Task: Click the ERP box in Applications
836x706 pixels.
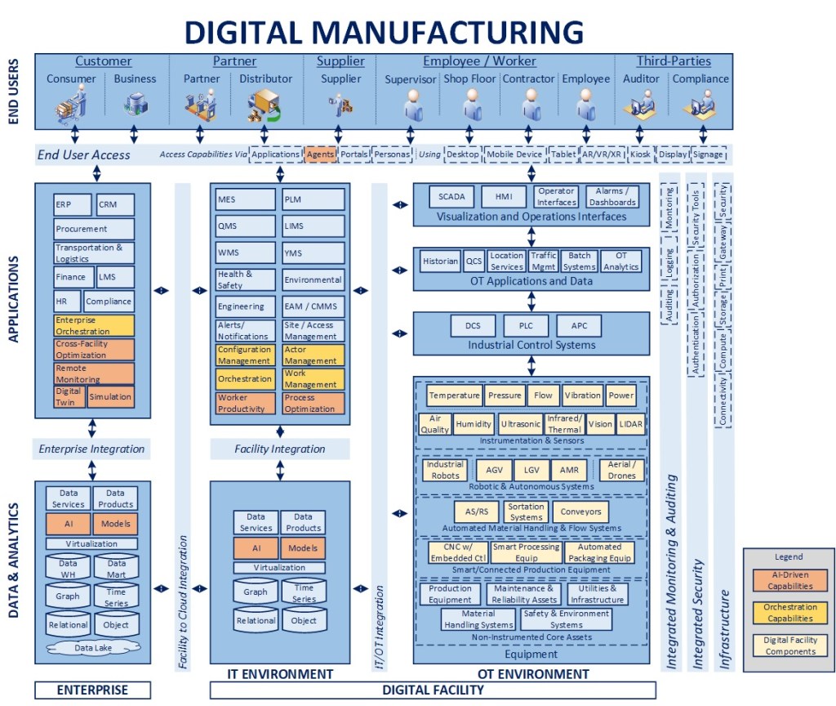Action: (x=72, y=204)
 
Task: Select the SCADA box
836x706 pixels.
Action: (x=451, y=197)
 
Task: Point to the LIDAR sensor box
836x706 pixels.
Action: (x=630, y=424)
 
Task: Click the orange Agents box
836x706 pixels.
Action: (x=320, y=154)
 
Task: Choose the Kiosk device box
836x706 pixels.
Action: (x=641, y=154)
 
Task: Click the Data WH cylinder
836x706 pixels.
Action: (x=69, y=568)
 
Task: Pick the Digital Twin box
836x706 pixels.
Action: (x=69, y=396)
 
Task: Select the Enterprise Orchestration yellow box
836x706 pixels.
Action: (x=94, y=325)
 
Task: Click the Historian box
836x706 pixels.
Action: (x=440, y=261)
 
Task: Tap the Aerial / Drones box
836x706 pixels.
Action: (x=621, y=470)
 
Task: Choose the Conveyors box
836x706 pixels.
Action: (x=580, y=512)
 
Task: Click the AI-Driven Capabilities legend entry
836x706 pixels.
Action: (x=789, y=580)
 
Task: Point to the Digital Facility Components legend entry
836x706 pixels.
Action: (x=789, y=646)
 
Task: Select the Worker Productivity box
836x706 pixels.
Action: (x=246, y=403)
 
